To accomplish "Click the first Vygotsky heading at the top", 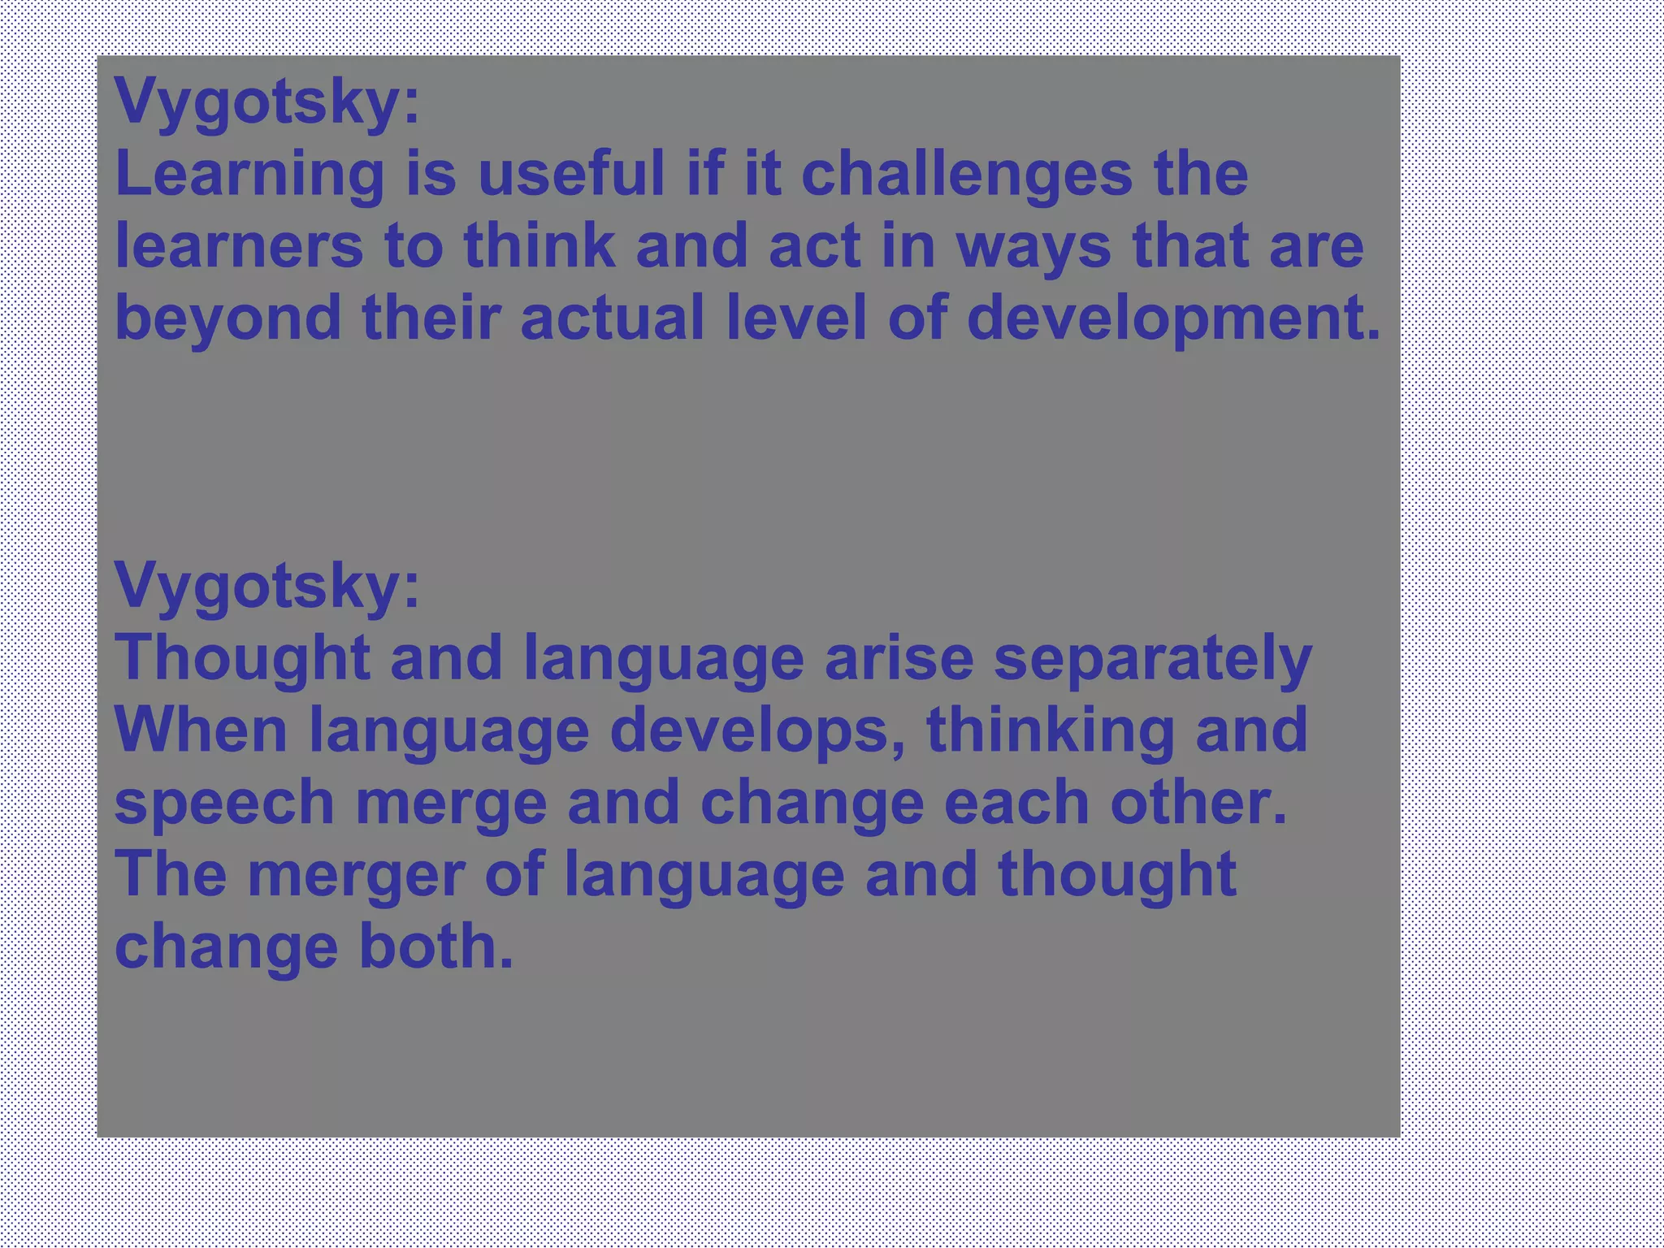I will coord(266,102).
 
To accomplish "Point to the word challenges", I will coord(967,175).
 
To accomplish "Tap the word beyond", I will coord(228,318).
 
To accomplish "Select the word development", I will coord(1173,318).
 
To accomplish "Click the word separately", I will coord(1152,659).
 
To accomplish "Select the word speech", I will coord(225,804).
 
